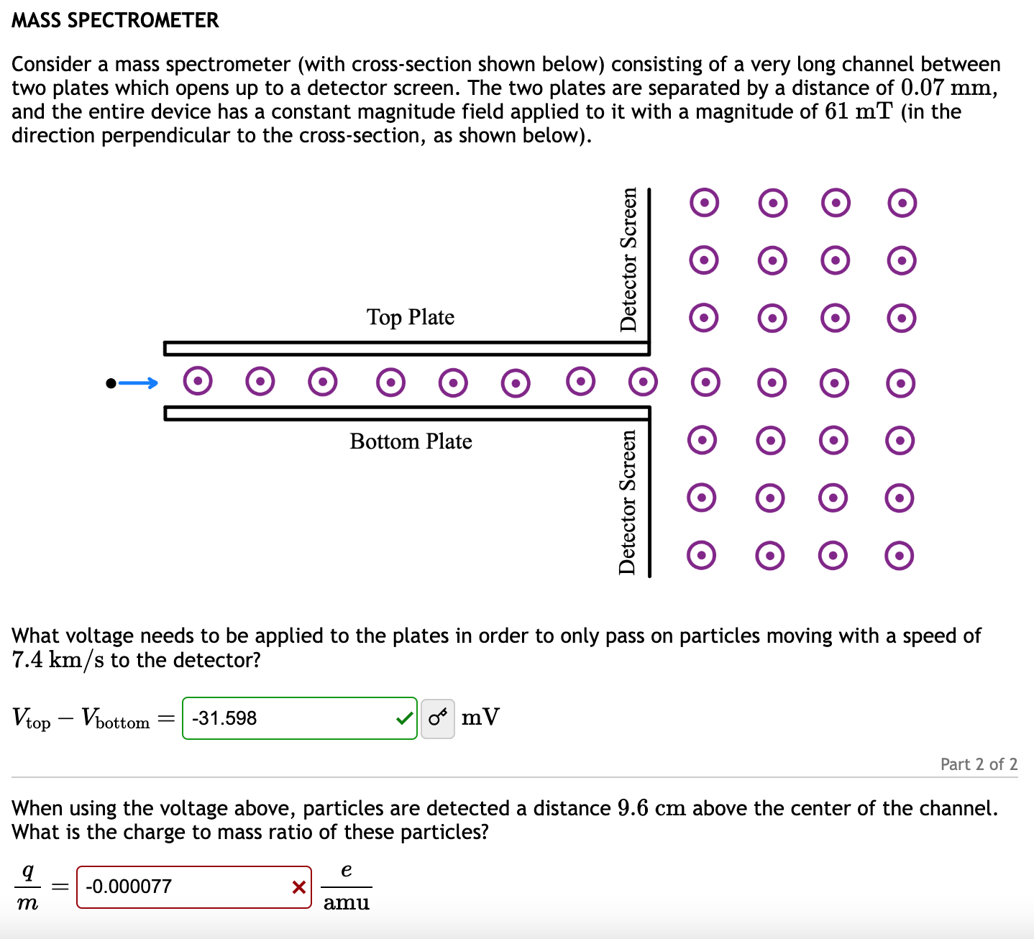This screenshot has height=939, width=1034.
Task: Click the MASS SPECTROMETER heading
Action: pos(115,20)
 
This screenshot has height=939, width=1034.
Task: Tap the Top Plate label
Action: pos(410,317)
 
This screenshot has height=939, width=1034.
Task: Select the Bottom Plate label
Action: pos(411,441)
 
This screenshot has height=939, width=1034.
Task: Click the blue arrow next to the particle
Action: pos(138,383)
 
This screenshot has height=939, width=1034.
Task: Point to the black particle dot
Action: pos(111,383)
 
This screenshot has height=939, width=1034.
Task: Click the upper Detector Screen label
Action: pos(628,259)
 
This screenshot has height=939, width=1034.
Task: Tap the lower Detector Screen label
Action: pos(628,502)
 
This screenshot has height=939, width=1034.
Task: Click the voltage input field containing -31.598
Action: pos(288,718)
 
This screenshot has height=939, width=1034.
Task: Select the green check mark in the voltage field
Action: pos(405,718)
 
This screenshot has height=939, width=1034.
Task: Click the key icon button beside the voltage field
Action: pos(437,718)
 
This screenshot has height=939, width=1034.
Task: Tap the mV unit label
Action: pos(480,718)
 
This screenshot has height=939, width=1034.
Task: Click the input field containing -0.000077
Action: pos(183,887)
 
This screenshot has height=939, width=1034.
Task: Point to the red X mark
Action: pos(299,887)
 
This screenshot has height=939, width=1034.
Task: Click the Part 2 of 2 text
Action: pos(979,764)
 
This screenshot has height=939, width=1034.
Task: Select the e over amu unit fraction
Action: pos(347,887)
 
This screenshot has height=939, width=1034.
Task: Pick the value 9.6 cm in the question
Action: pos(651,808)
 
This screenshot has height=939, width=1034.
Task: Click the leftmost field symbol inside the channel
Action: pos(198,381)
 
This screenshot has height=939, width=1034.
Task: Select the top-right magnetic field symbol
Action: pos(902,203)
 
